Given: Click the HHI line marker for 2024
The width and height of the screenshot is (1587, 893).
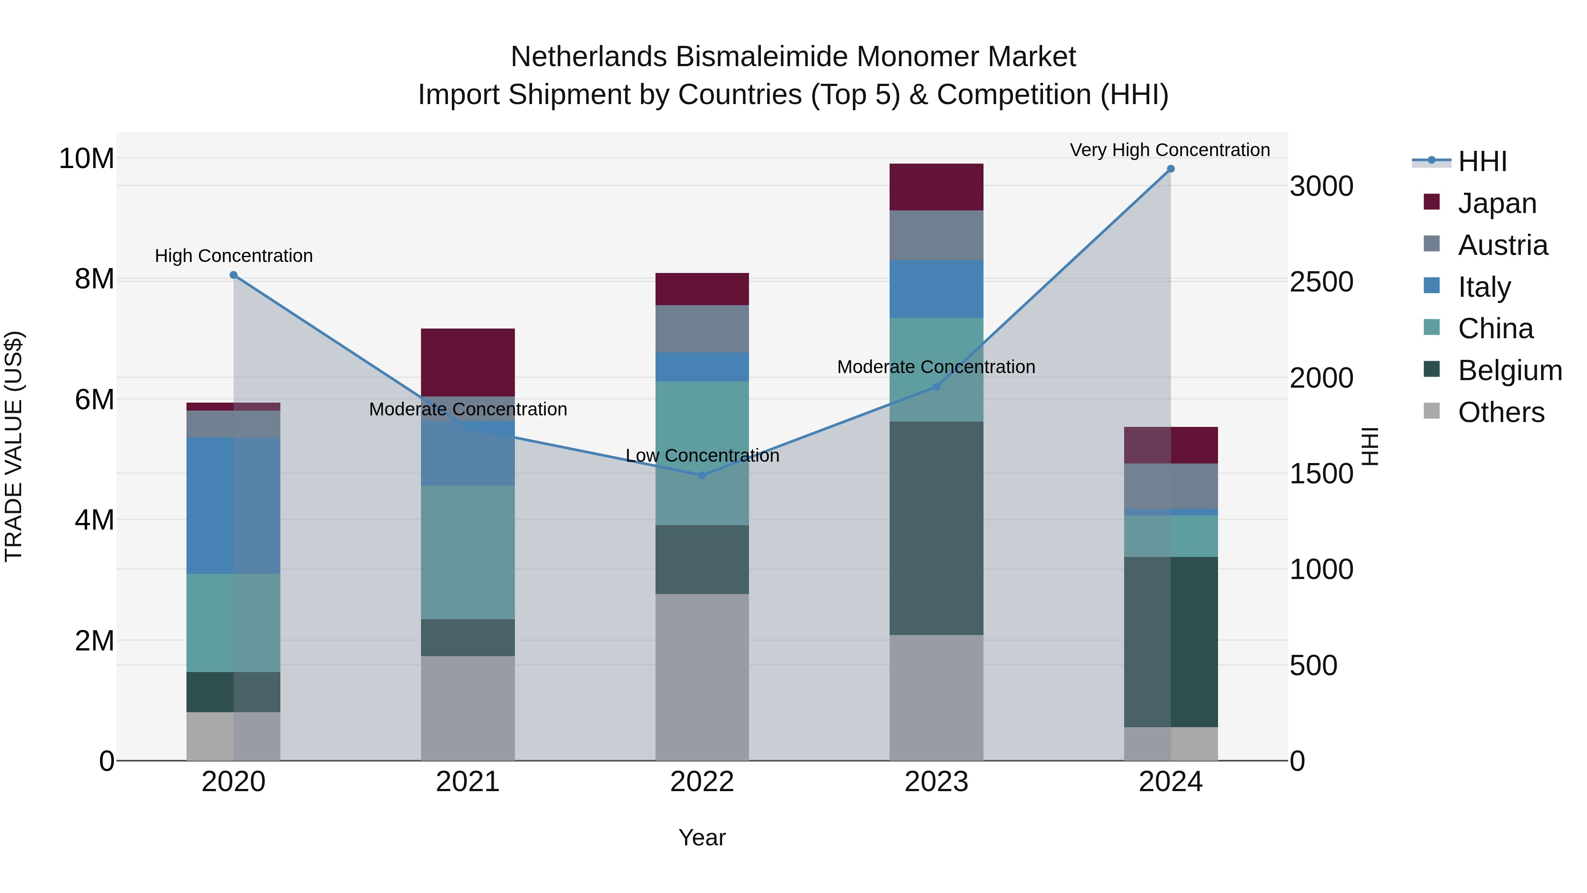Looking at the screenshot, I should coord(1170,169).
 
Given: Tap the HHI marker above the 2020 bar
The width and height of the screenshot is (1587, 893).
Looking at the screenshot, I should coord(234,275).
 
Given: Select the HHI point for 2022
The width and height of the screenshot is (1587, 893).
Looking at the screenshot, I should coord(702,475).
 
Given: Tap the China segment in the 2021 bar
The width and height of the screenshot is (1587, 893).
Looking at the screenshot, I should coord(468,552).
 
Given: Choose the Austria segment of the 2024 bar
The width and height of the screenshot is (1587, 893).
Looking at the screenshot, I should coord(1170,486).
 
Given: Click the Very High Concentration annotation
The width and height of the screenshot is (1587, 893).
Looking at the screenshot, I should coord(1169,150).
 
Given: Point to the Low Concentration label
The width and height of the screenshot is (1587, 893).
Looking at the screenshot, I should coord(702,456).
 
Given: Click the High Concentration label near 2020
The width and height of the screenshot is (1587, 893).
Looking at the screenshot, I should coord(234,256).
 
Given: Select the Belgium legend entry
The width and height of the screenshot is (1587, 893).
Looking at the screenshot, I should coord(1509,370).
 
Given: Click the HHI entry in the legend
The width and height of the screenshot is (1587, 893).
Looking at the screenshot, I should coord(1482,161).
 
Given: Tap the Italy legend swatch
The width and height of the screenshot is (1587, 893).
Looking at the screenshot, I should coord(1432,286).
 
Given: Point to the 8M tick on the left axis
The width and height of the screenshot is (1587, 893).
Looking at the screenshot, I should coord(94,279).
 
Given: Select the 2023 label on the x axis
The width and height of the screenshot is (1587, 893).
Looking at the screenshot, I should coord(936,782).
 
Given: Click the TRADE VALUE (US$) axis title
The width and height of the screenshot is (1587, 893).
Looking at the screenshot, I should coord(14,446).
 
